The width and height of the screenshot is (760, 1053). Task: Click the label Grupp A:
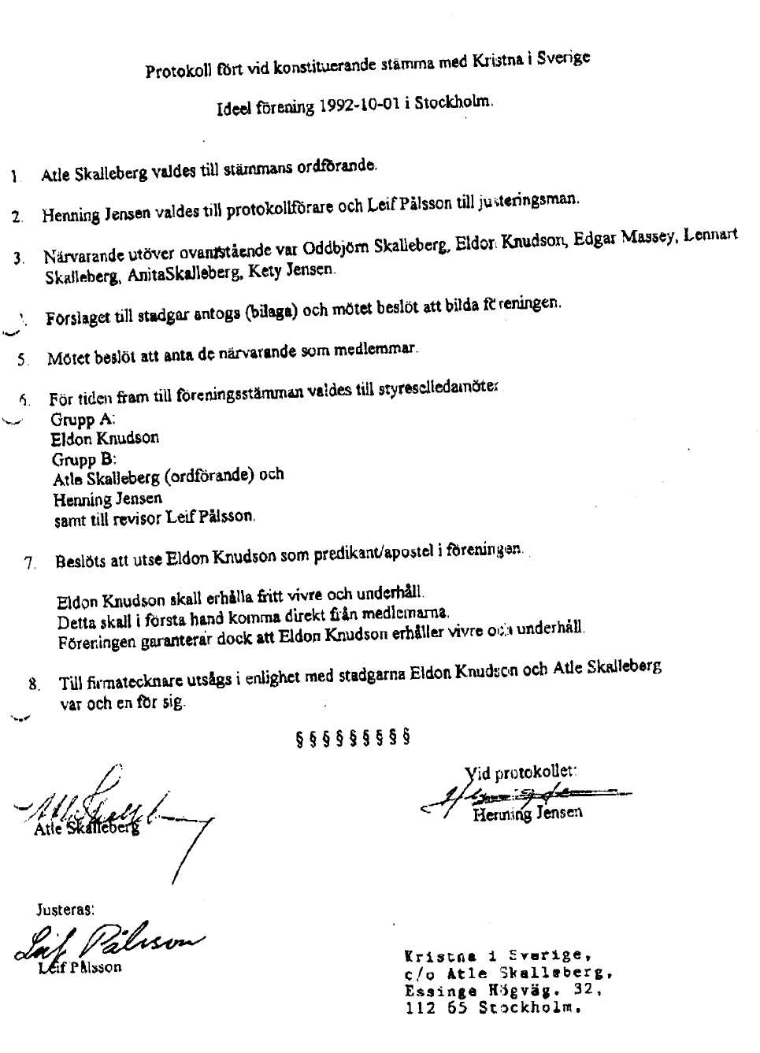click(x=83, y=420)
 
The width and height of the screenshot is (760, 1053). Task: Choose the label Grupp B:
click(x=84, y=460)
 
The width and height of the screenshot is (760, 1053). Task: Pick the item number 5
click(x=24, y=360)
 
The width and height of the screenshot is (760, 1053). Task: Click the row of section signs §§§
click(x=353, y=738)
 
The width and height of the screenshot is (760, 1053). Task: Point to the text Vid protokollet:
click(x=521, y=773)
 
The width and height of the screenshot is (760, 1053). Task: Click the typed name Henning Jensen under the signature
click(x=528, y=814)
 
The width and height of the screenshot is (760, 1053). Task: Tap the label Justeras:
click(x=65, y=910)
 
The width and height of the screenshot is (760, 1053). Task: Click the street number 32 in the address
click(x=585, y=990)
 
